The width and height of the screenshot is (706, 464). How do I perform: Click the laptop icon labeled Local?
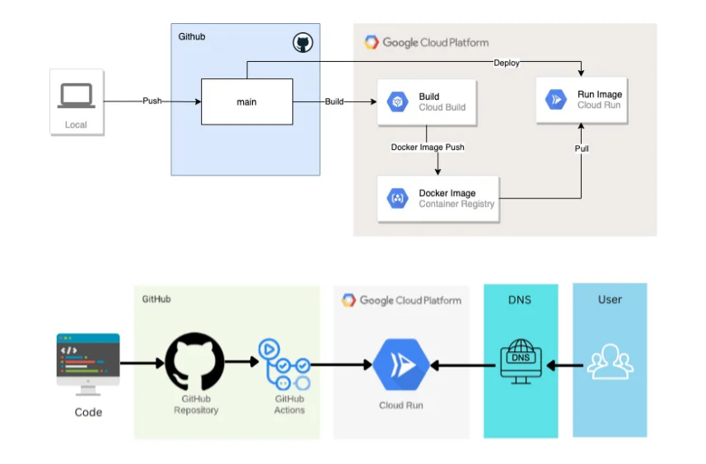tap(76, 96)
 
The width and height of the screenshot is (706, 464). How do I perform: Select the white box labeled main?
tap(246, 102)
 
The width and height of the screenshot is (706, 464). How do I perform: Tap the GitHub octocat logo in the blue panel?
tap(303, 43)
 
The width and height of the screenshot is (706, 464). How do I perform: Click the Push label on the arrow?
tap(152, 101)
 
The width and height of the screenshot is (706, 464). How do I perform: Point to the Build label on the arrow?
tap(334, 101)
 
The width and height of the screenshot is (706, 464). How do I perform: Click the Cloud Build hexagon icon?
tap(397, 102)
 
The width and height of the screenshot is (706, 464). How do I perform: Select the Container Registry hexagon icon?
tap(397, 199)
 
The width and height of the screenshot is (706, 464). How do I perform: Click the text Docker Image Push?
tap(428, 148)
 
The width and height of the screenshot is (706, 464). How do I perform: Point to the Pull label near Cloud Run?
tap(581, 148)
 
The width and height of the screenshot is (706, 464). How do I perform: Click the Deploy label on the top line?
tap(506, 63)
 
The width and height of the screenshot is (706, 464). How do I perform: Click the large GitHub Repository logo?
tap(194, 362)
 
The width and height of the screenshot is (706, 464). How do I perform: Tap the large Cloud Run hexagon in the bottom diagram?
tap(400, 363)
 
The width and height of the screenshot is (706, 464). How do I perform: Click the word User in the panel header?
tap(610, 299)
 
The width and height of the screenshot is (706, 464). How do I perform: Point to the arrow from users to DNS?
tap(565, 363)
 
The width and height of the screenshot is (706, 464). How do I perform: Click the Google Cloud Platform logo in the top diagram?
tap(372, 42)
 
